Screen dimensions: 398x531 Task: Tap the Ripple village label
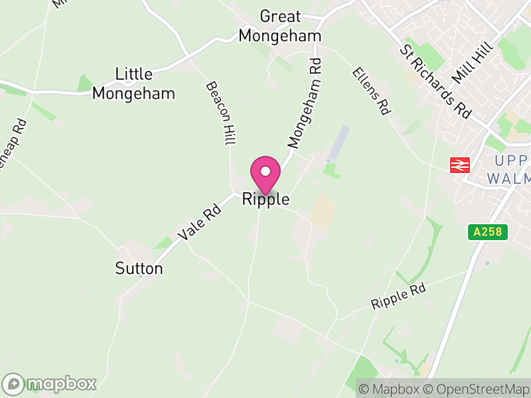coord(265,198)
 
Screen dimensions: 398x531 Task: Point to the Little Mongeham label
coord(133,84)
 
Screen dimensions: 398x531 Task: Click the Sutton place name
coord(139,268)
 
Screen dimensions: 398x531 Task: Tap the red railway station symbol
coord(460,165)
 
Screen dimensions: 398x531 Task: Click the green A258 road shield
coord(488,232)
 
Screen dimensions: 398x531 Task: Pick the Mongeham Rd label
coord(305,103)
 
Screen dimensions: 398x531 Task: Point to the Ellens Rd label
coord(370,92)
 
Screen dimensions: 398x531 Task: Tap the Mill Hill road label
coord(473,62)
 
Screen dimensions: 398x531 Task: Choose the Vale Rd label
coord(200,222)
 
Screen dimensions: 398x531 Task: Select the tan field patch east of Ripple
coord(323,212)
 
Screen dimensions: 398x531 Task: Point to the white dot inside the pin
coord(265,171)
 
